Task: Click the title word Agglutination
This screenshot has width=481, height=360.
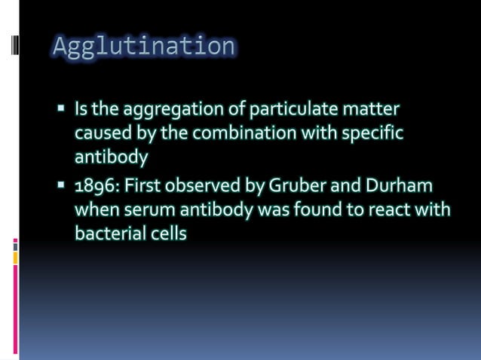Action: [143, 47]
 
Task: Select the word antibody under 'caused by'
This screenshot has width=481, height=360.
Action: [110, 157]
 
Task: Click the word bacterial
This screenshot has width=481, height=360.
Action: [105, 233]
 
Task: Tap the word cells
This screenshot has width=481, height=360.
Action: [165, 233]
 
